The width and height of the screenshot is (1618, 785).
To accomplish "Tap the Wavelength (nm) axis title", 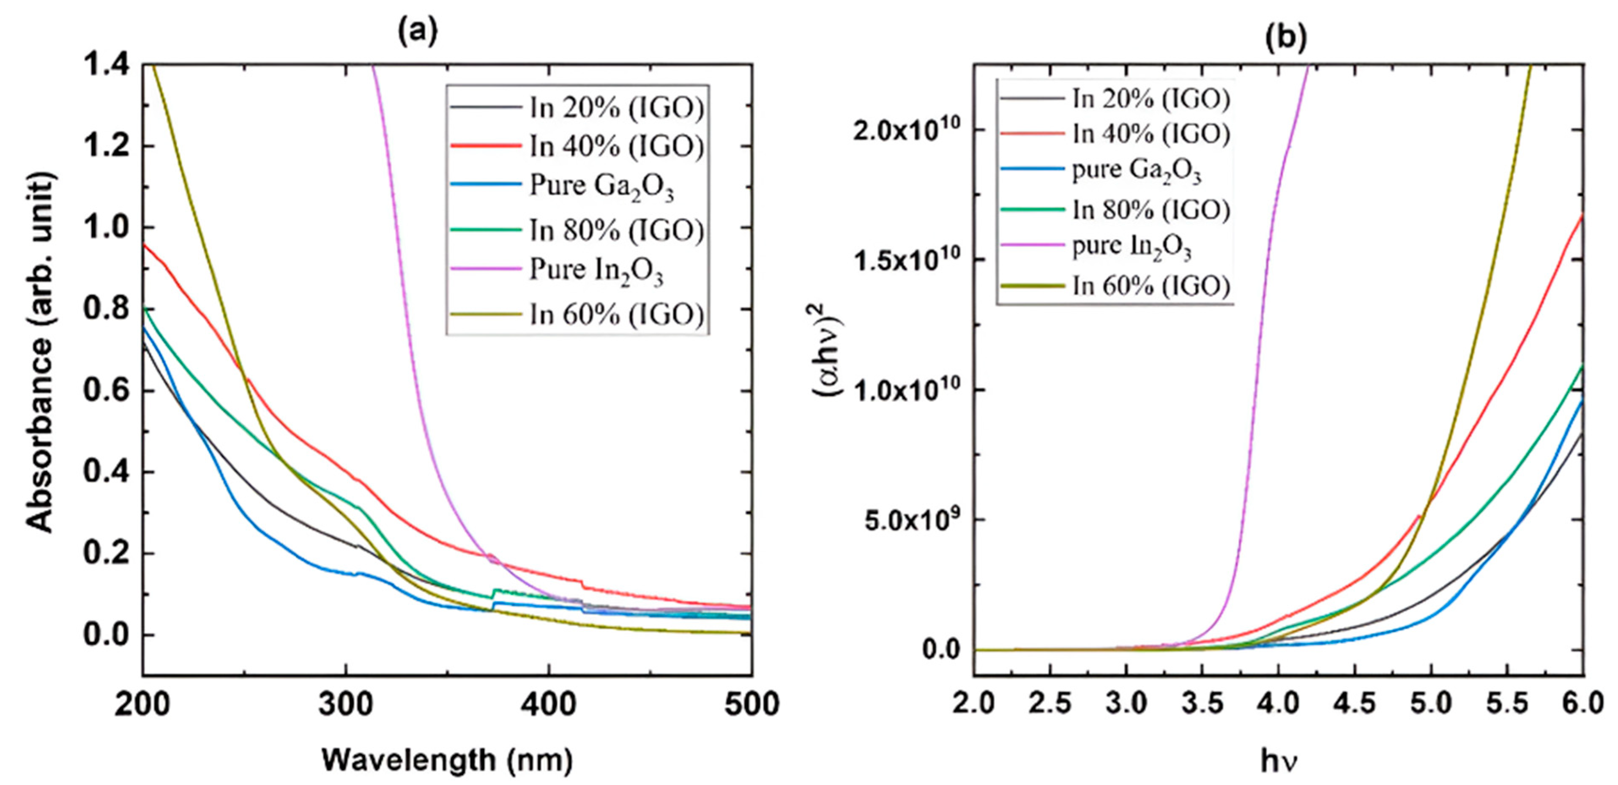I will pyautogui.click(x=447, y=760).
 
